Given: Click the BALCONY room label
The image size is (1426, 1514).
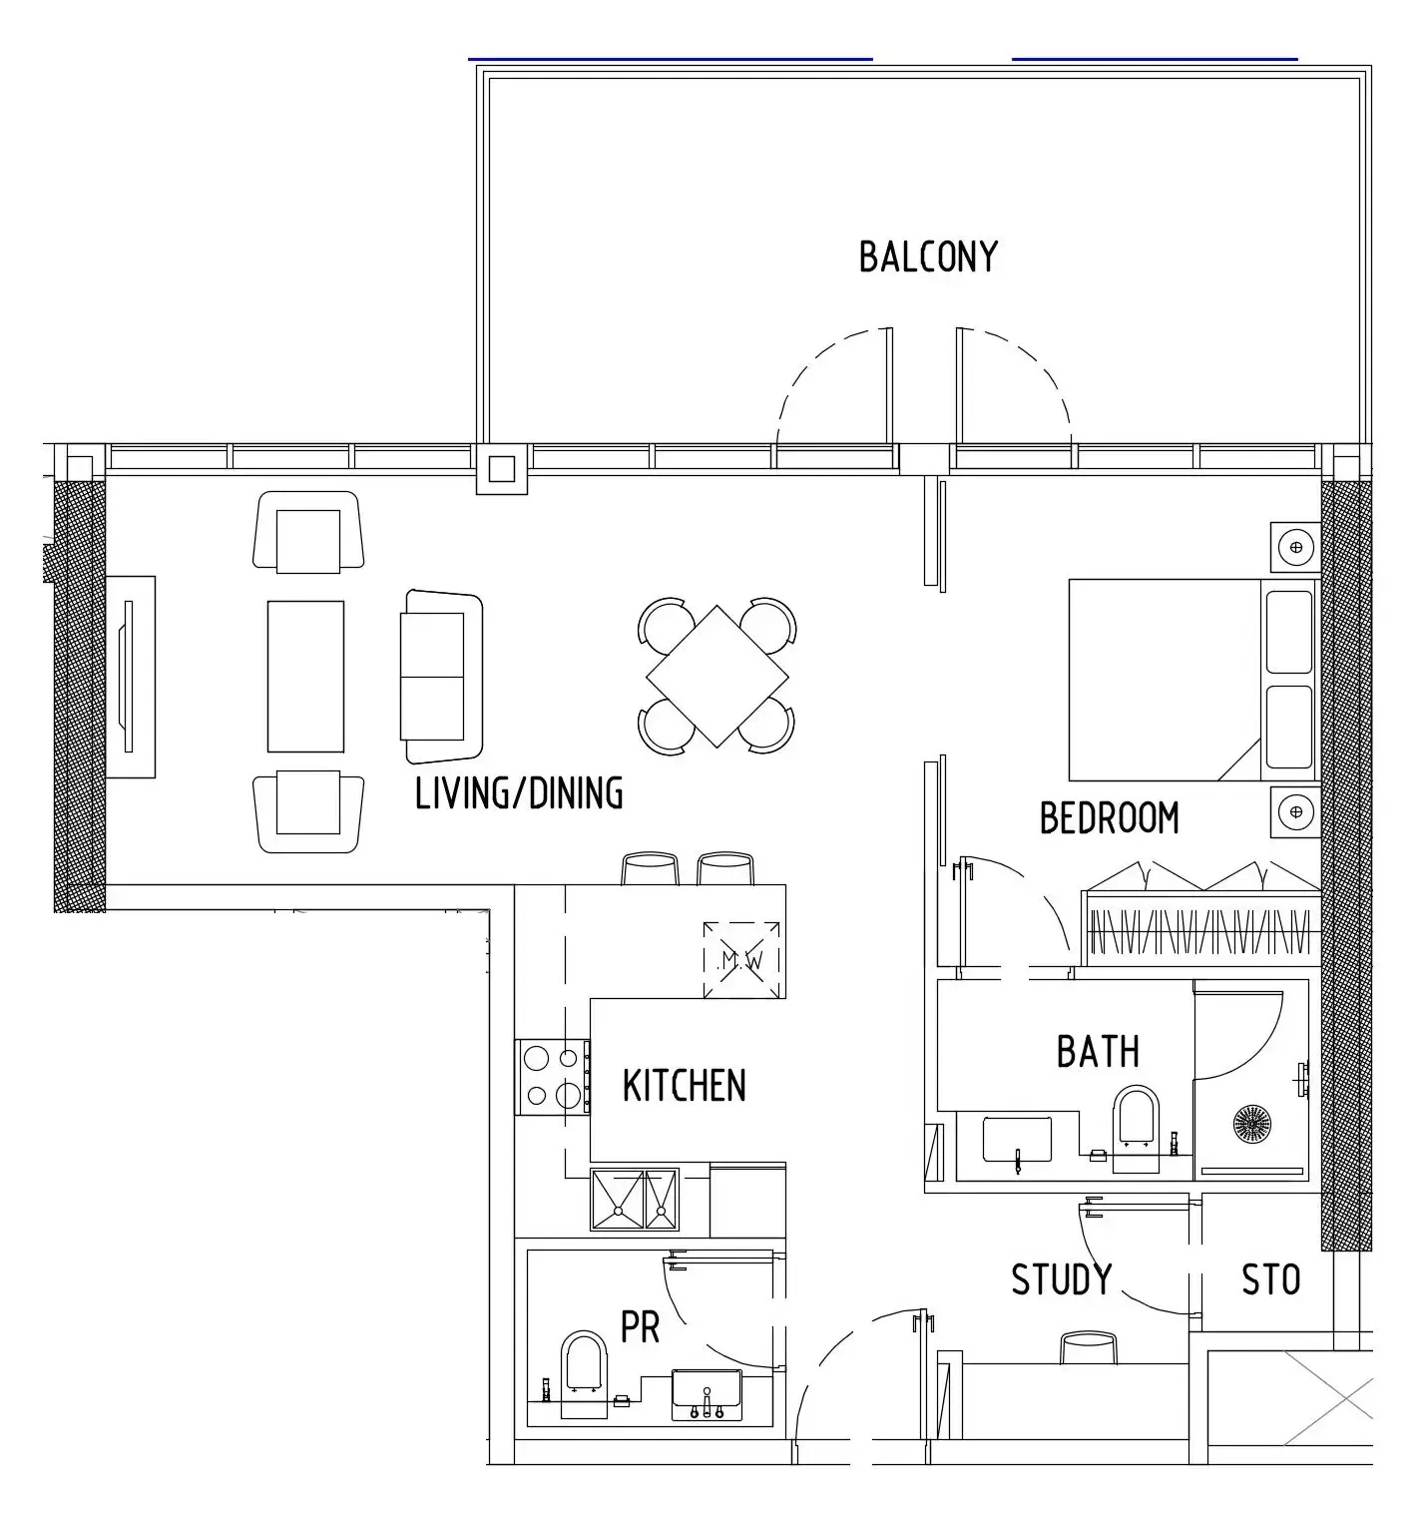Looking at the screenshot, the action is (928, 256).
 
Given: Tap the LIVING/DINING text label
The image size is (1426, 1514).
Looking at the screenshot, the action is (519, 792).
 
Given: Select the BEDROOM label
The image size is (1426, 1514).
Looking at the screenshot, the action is (1109, 818).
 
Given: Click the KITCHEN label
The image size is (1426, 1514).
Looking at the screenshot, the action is (684, 1086).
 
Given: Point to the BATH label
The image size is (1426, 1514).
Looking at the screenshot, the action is (1098, 1052).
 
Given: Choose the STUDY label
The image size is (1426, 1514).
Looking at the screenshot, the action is (1062, 1279).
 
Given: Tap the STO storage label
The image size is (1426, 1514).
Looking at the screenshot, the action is (1270, 1279).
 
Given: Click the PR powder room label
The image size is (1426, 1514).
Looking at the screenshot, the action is (640, 1327).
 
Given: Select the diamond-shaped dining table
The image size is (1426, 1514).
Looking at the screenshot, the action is (716, 677).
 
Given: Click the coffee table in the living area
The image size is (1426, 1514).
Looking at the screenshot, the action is (305, 677).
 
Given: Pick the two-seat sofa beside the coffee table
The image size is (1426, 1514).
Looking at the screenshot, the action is (441, 677).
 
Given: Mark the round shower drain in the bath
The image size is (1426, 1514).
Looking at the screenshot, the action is (1252, 1124).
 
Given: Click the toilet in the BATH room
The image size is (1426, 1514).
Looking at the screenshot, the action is (1137, 1125).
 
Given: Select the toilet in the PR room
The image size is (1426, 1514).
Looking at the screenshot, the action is (584, 1375).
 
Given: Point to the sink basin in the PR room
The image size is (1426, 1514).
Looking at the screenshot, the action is (707, 1395).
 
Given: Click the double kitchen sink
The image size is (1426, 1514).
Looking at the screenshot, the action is (635, 1200).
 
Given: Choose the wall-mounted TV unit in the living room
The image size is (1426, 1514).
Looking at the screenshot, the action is (131, 677).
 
